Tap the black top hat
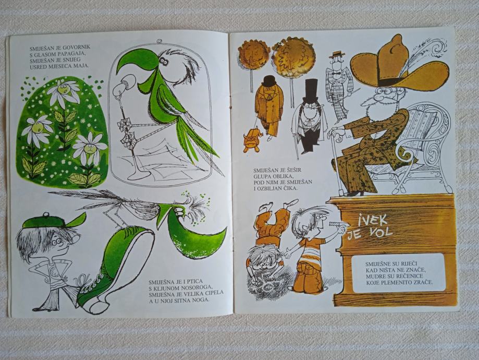tap(311, 91)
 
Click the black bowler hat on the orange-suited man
tap(269, 81)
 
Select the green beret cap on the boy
tap(54, 221)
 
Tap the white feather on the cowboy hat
tap(425, 56)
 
